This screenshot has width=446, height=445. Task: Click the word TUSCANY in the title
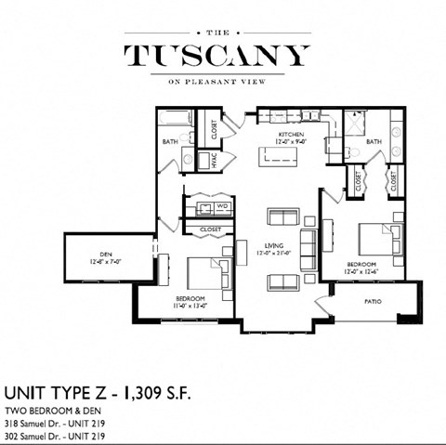(x=216, y=55)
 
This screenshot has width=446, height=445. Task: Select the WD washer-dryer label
(x=223, y=206)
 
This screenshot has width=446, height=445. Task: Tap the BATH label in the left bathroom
(x=170, y=142)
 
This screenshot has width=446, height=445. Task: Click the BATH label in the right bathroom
(x=374, y=142)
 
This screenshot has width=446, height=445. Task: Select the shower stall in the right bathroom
(x=357, y=124)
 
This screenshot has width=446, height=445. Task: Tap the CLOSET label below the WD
(x=210, y=229)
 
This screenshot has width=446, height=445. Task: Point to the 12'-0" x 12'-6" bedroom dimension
(x=361, y=271)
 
